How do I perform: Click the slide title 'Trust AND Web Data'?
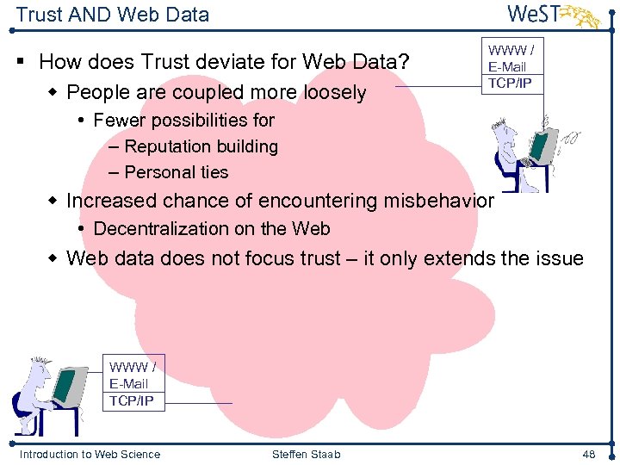[112, 15]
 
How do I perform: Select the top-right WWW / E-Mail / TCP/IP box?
[512, 67]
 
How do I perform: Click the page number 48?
[588, 454]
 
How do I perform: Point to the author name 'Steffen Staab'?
[306, 454]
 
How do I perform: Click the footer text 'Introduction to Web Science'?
[90, 454]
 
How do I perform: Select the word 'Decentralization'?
[152, 229]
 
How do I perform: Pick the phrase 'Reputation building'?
[201, 146]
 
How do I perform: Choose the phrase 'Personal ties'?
[177, 172]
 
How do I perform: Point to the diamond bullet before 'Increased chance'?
[53, 201]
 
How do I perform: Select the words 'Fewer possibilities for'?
[183, 120]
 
